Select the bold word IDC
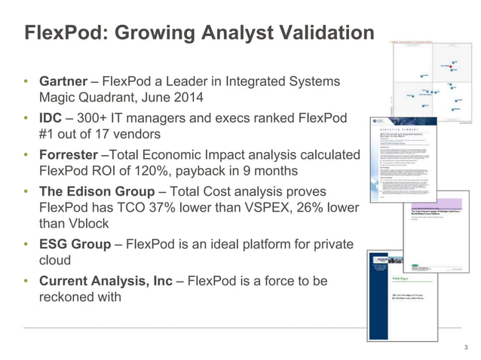pos(52,118)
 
